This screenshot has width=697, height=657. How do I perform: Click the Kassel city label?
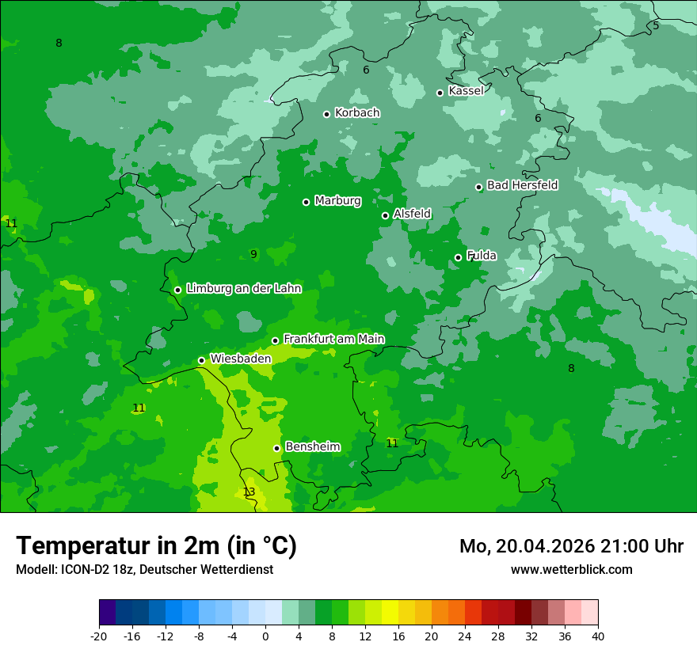pyautogui.click(x=466, y=91)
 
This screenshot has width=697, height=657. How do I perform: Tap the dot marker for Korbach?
pyautogui.click(x=326, y=114)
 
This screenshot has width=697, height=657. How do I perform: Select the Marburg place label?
pyautogui.click(x=337, y=201)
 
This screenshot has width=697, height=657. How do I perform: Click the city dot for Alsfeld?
pyautogui.click(x=385, y=215)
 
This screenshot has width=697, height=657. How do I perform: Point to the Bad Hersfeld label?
pyautogui.click(x=522, y=185)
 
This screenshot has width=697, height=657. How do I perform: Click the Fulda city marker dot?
pyautogui.click(x=458, y=257)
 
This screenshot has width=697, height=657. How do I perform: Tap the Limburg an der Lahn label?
pyautogui.click(x=243, y=289)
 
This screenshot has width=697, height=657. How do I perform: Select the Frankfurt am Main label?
pyautogui.click(x=333, y=339)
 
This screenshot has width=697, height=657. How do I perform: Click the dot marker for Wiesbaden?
pyautogui.click(x=201, y=360)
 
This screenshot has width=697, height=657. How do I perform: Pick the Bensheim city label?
pyautogui.click(x=312, y=446)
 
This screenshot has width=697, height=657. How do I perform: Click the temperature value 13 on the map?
pyautogui.click(x=249, y=492)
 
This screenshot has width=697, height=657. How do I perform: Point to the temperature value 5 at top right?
pyautogui.click(x=656, y=25)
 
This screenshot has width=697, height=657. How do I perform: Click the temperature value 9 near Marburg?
pyautogui.click(x=253, y=254)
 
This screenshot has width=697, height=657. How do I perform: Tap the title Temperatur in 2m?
pyautogui.click(x=156, y=545)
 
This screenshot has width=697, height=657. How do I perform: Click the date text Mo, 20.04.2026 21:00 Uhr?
pyautogui.click(x=571, y=546)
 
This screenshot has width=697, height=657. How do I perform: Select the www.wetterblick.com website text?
pyautogui.click(x=571, y=569)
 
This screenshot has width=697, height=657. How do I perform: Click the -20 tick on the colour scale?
pyautogui.click(x=99, y=636)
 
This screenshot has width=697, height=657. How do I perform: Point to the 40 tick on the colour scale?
pyautogui.click(x=598, y=636)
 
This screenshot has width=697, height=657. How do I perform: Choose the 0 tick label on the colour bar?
pyautogui.click(x=265, y=636)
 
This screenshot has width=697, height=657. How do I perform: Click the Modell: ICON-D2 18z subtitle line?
pyautogui.click(x=144, y=569)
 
